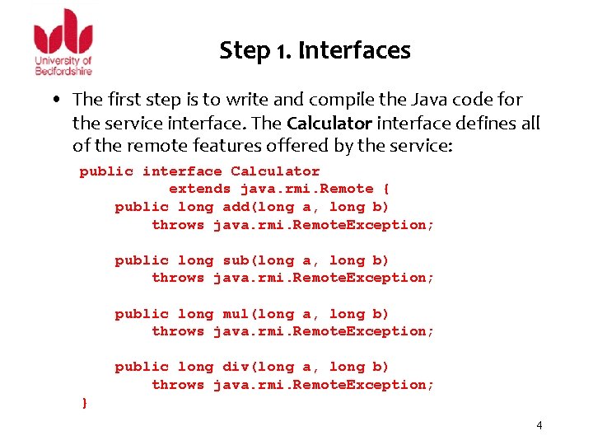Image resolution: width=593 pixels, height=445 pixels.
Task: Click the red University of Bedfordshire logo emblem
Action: [63, 32]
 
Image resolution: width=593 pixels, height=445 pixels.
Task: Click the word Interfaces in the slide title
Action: [354, 51]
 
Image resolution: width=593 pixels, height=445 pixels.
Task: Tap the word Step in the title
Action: [245, 51]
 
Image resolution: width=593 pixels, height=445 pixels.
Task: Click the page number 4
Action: [539, 425]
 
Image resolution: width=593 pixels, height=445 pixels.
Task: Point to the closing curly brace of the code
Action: [84, 403]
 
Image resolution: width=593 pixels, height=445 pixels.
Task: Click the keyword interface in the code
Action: [182, 171]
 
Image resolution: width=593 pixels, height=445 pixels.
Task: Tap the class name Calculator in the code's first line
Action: [275, 171]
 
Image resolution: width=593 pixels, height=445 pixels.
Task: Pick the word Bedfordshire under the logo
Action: [63, 71]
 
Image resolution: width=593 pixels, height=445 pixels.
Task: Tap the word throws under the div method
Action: [178, 385]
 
